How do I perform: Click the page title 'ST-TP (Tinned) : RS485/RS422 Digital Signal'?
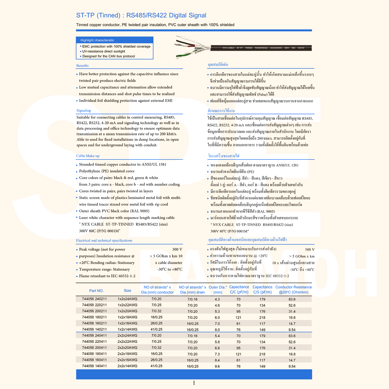pyautogui.click(x=141, y=15)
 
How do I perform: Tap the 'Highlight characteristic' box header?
pyautogui.click(x=97, y=40)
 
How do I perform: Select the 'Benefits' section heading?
pyautogui.click(x=82, y=66)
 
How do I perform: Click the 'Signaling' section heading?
pyautogui.click(x=84, y=110)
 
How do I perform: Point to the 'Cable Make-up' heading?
pyautogui.click(x=88, y=156)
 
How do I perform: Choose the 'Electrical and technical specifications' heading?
pyautogui.click(x=104, y=240)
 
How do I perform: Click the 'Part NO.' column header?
pyautogui.click(x=96, y=291)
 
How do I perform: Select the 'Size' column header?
pyautogui.click(x=127, y=290)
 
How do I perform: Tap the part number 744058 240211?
pyautogui.click(x=94, y=299)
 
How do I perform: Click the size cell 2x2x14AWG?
pyautogui.click(x=127, y=366)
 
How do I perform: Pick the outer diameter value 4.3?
pyautogui.click(x=217, y=299)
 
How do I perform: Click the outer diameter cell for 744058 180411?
pyautogui.click(x=217, y=354)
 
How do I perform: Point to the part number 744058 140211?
pyautogui.click(x=94, y=329)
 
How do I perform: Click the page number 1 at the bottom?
pyautogui.click(x=194, y=383)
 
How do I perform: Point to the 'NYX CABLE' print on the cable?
pyautogui.click(x=228, y=48)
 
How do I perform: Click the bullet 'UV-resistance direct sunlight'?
pyautogui.click(x=104, y=51)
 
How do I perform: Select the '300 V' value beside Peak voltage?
pyautogui.click(x=177, y=249)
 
